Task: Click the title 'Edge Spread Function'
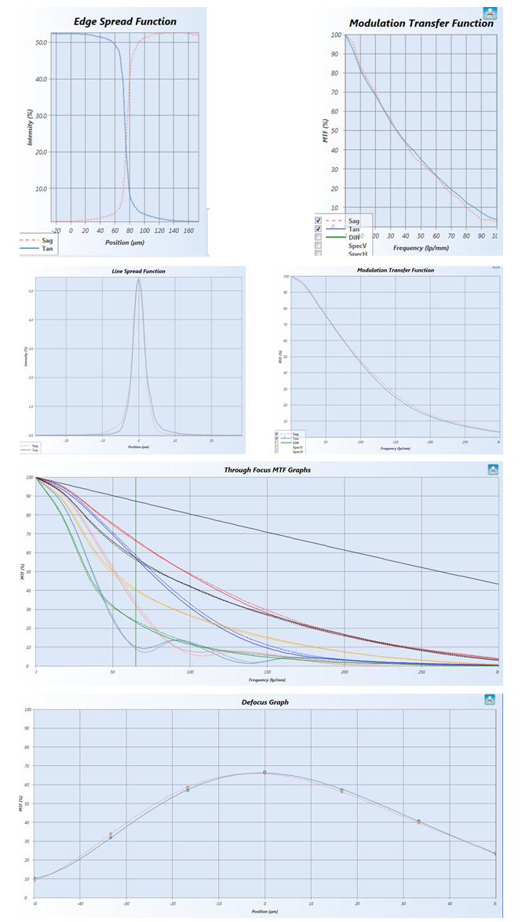point(125,21)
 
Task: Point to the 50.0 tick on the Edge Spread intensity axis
point(42,42)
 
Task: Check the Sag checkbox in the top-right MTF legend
point(317,221)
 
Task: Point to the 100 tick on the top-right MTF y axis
point(336,35)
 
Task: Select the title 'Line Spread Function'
point(139,271)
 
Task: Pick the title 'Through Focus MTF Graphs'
point(268,470)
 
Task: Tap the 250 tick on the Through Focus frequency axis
point(421,672)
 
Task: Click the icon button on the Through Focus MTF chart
point(492,469)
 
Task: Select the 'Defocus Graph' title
point(264,702)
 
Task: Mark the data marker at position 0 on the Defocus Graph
point(265,773)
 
